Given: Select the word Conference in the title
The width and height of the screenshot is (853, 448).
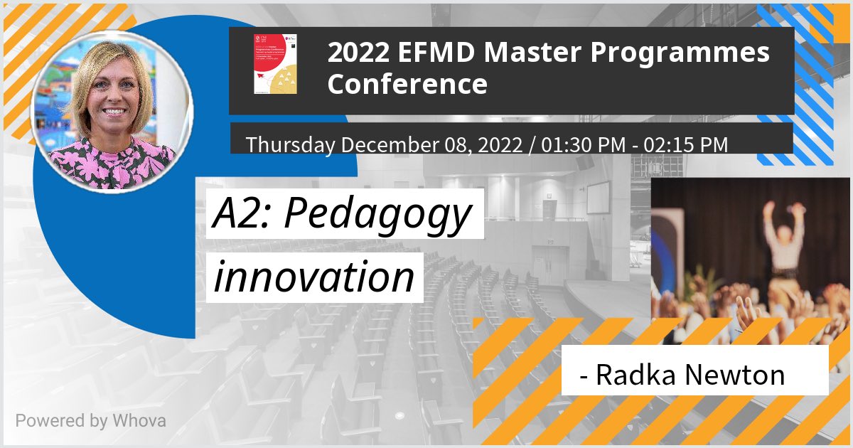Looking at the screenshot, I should click(x=407, y=84).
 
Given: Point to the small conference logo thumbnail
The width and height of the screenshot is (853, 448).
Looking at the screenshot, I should click(x=275, y=64).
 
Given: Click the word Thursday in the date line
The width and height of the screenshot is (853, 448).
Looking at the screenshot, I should click(x=290, y=144).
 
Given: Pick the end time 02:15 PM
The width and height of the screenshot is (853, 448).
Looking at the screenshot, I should click(x=686, y=144).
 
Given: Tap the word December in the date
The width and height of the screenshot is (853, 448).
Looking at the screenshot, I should click(x=385, y=144).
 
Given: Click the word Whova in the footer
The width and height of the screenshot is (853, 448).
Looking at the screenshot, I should click(x=139, y=420).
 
